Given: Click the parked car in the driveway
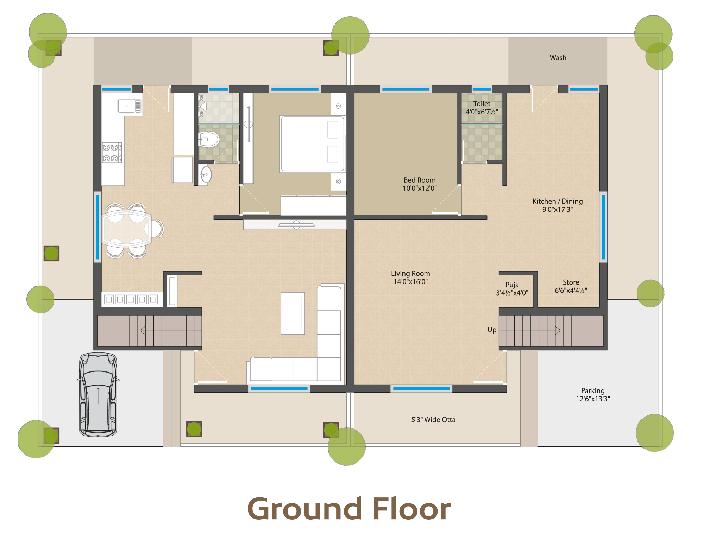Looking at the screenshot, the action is click(x=98, y=394).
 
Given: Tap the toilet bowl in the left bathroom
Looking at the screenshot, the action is click(x=209, y=140).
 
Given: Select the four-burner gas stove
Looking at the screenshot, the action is click(x=112, y=152).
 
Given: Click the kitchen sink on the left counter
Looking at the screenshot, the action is click(x=130, y=106).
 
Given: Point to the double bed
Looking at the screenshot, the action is click(x=312, y=144).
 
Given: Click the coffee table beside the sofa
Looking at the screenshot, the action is click(x=293, y=313).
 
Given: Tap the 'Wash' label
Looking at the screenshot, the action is click(x=558, y=58).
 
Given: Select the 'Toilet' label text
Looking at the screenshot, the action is click(x=482, y=104).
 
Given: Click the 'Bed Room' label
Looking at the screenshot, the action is click(x=420, y=180).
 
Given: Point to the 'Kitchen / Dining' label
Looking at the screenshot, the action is click(x=558, y=201).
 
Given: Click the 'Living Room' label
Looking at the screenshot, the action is click(x=410, y=273).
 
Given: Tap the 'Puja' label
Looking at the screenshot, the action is click(x=512, y=285).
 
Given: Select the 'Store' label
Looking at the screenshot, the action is click(x=571, y=282).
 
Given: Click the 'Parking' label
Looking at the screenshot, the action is click(x=593, y=391).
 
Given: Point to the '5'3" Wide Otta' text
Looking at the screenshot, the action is click(x=433, y=420).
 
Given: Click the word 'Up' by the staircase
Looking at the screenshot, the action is click(x=492, y=330).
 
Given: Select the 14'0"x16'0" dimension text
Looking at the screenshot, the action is click(x=410, y=282).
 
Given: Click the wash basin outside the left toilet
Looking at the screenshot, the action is click(x=205, y=174).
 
